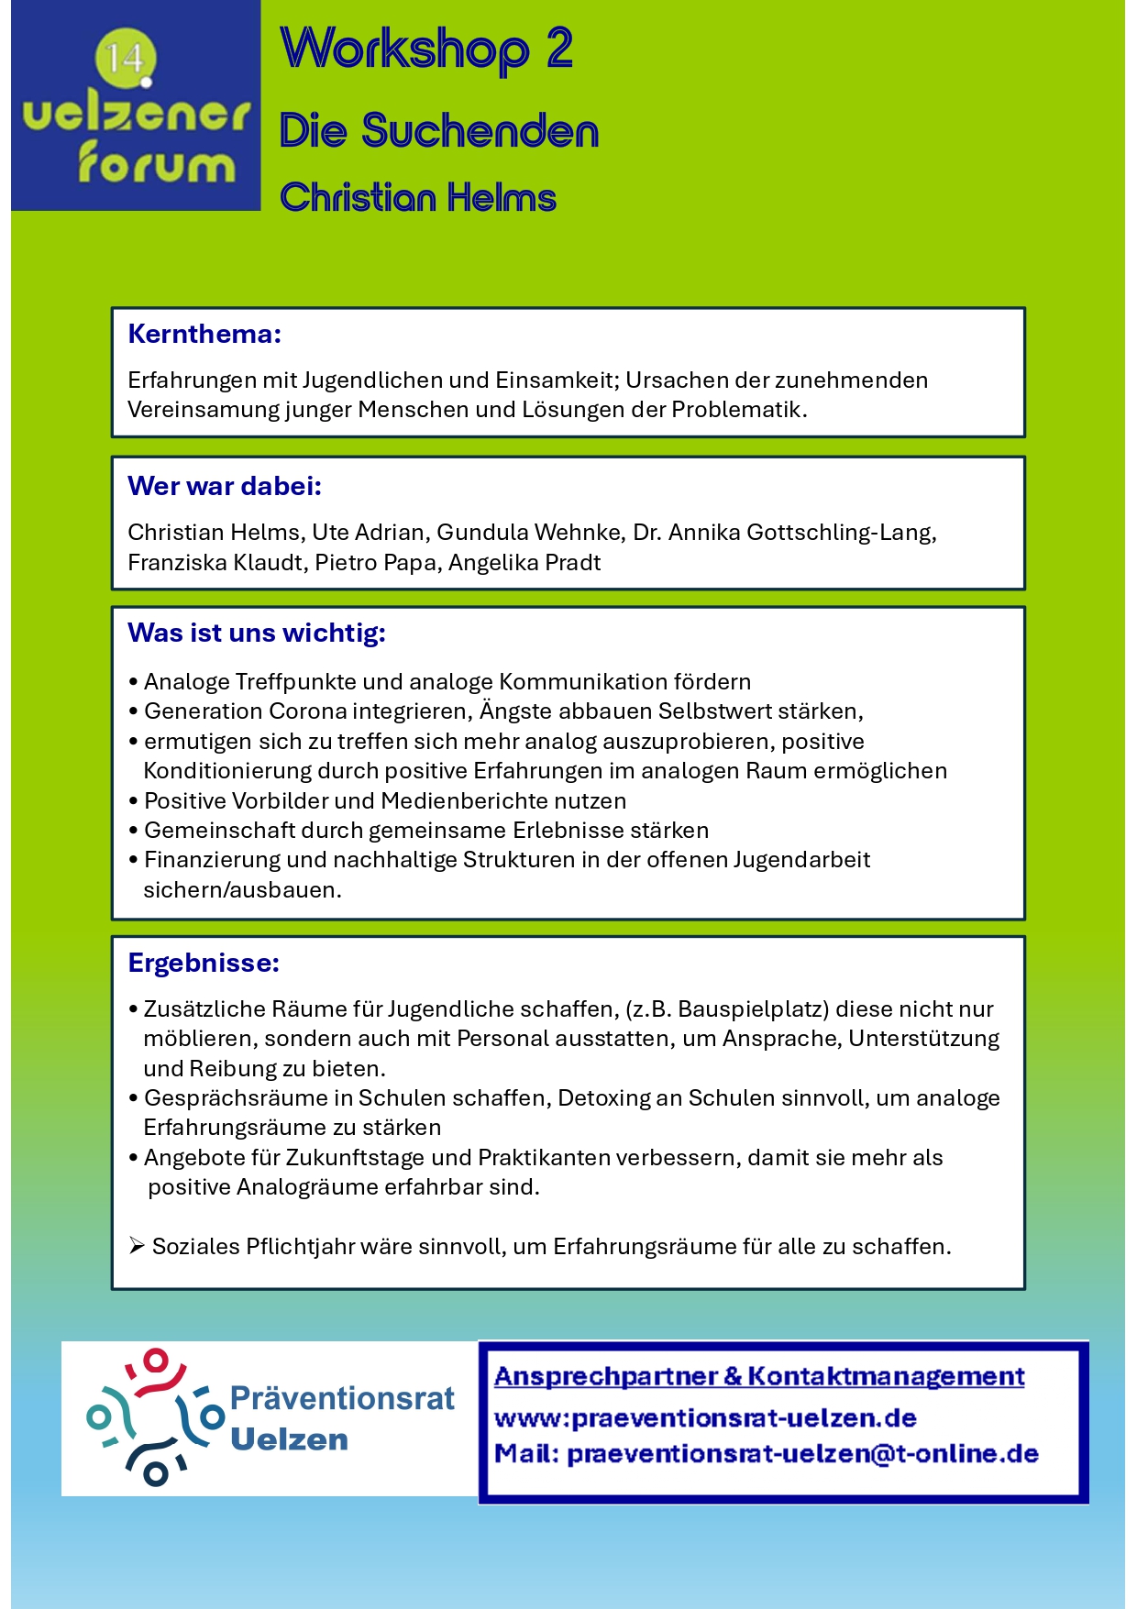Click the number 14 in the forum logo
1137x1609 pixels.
click(x=125, y=60)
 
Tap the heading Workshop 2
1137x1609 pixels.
click(x=426, y=49)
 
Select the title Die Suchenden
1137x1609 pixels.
click(x=438, y=131)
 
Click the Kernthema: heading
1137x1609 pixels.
click(x=204, y=334)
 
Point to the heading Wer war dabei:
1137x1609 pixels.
click(x=225, y=486)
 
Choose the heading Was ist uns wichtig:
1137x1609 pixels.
click(x=257, y=633)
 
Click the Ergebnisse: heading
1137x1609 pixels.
click(x=204, y=963)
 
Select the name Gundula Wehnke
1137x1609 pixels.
click(x=530, y=532)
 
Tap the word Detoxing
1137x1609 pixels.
click(x=600, y=1097)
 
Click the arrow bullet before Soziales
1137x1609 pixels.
click(x=137, y=1245)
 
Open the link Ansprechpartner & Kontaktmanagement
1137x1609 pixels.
click(x=758, y=1376)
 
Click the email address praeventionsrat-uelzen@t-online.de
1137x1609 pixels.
click(x=802, y=1453)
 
